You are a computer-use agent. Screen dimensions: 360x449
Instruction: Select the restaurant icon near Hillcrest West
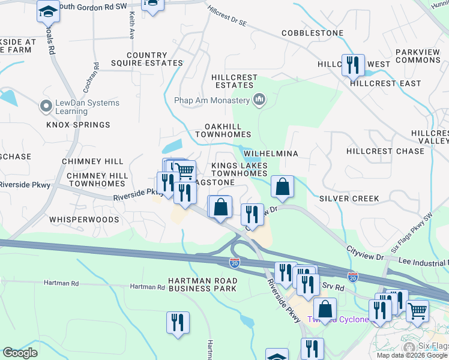coord(353,64)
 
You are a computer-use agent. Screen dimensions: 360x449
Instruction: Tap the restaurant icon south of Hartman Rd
coord(178,322)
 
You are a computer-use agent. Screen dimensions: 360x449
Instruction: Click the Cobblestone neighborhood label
coord(312,33)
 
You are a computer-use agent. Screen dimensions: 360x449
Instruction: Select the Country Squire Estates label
coord(147,59)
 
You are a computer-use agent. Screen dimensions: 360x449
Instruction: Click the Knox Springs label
coord(79,125)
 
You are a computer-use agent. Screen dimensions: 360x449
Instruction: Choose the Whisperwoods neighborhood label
coord(93,220)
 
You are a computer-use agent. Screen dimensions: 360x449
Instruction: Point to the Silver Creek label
coord(349,198)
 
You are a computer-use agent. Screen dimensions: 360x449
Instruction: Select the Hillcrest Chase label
coord(385,151)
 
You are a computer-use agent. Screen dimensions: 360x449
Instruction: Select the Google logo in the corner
coord(20,353)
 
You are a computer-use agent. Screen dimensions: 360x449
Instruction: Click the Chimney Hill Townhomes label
coord(97,179)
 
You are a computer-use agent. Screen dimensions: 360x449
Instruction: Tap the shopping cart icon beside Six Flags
coord(417,310)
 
